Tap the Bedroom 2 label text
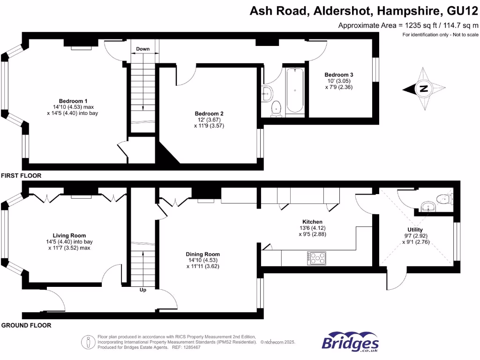click(209, 114)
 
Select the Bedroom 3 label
click(339, 75)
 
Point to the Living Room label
click(69, 236)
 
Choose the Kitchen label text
click(312, 222)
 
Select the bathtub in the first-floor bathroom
click(295, 90)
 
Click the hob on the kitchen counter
click(318, 258)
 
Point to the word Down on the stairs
click(143, 49)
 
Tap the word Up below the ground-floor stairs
click(142, 290)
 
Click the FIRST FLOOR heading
click(21, 176)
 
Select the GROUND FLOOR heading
click(26, 325)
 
